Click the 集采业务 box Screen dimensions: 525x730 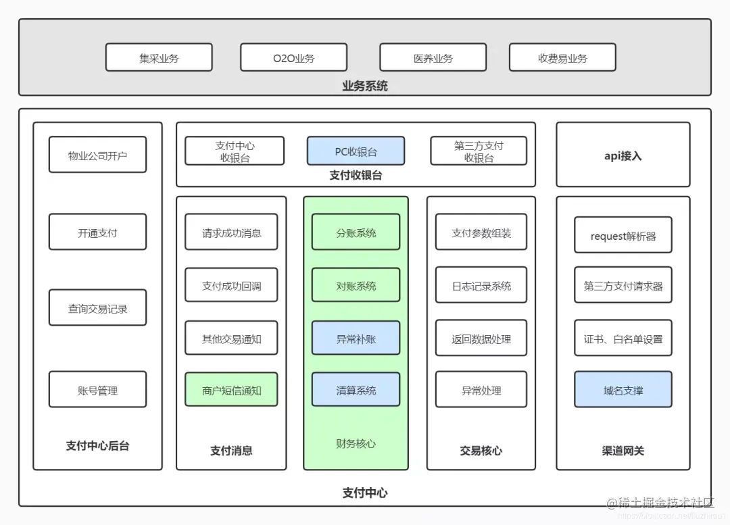[x=159, y=57]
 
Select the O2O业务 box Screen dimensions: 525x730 [x=293, y=57]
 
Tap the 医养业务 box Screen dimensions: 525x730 [x=433, y=57]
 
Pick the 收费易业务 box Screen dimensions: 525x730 [x=562, y=57]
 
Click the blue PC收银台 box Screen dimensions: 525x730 [x=356, y=151]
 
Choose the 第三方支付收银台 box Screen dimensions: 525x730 [x=479, y=151]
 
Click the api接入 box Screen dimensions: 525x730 [x=623, y=155]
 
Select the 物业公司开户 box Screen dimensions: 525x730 [x=97, y=155]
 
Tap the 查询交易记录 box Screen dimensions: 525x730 [x=97, y=308]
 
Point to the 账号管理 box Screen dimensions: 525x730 [x=97, y=390]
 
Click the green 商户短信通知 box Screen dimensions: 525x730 [x=231, y=390]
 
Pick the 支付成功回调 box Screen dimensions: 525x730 [x=231, y=285]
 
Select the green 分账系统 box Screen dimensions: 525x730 [x=356, y=232]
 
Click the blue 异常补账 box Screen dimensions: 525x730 [x=356, y=339]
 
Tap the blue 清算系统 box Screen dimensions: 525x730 [x=356, y=390]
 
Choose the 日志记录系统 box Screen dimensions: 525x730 [x=481, y=285]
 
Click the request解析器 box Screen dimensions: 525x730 [x=623, y=235]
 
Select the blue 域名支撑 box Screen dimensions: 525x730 [x=623, y=390]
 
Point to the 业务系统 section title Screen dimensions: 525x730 [x=364, y=86]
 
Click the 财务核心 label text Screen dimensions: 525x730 [x=356, y=443]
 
